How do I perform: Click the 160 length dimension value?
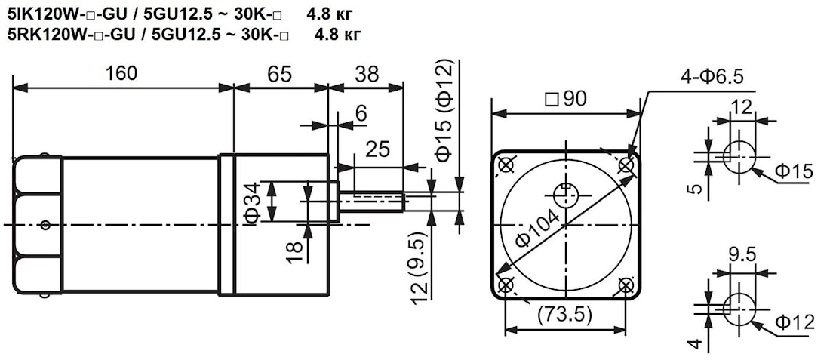coord(121,73)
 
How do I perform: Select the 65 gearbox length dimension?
coord(279,74)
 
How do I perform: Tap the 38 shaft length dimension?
coord(367,74)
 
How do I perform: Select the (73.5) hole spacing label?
coord(565,315)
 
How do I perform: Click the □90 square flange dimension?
coord(565,99)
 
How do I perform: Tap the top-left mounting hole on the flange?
coord(506,165)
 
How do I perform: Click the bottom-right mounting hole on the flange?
coord(626,286)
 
